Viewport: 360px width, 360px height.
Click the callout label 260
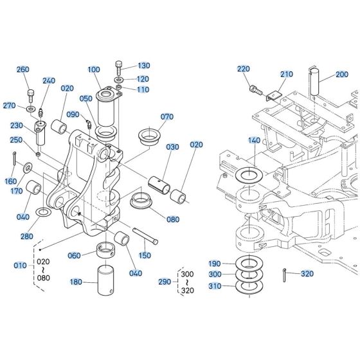[x=23, y=69]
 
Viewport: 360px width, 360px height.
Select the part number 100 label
[x=94, y=69]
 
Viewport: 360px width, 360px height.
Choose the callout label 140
[x=254, y=140]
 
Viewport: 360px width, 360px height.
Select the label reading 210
[x=286, y=75]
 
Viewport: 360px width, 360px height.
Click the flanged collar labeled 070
[x=149, y=136]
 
